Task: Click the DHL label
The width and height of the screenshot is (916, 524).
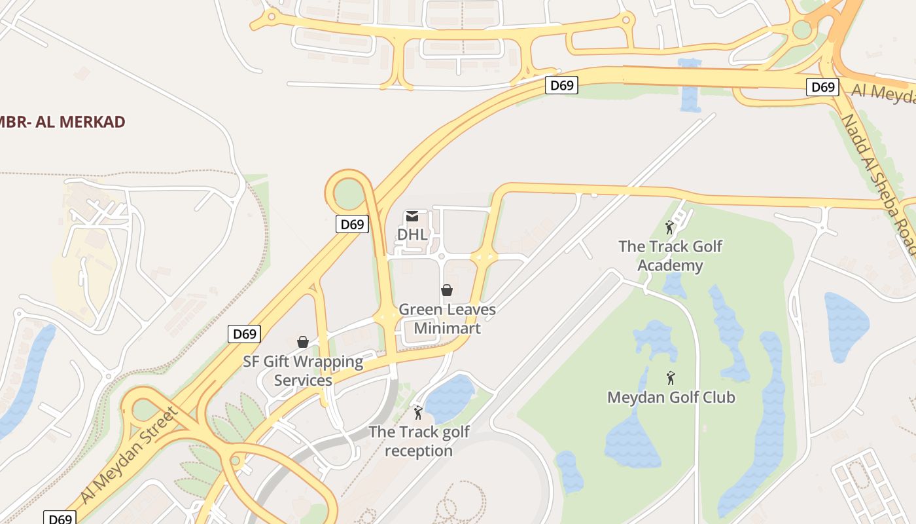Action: click(x=412, y=234)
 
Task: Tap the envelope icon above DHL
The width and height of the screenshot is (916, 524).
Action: click(x=412, y=215)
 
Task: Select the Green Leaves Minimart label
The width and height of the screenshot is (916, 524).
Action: click(x=447, y=318)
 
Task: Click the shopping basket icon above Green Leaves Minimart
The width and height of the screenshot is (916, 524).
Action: click(x=447, y=290)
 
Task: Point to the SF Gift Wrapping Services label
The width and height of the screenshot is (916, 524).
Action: click(x=303, y=371)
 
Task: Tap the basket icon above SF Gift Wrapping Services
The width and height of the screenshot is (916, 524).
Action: click(x=303, y=341)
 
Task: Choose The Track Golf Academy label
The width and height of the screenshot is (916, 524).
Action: click(x=670, y=255)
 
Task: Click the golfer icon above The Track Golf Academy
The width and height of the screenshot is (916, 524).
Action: click(x=669, y=227)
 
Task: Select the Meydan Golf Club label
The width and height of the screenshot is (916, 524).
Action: click(x=671, y=397)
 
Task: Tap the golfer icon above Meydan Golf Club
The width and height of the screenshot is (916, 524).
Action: click(x=670, y=378)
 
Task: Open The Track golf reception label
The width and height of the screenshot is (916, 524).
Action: click(x=419, y=441)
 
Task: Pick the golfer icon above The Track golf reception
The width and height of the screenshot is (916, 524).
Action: click(x=418, y=413)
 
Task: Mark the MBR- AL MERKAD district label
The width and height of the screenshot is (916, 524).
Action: click(x=62, y=122)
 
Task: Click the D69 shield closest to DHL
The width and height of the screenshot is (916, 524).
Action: click(x=352, y=224)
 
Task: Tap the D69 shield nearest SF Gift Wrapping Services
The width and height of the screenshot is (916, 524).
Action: click(x=245, y=333)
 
